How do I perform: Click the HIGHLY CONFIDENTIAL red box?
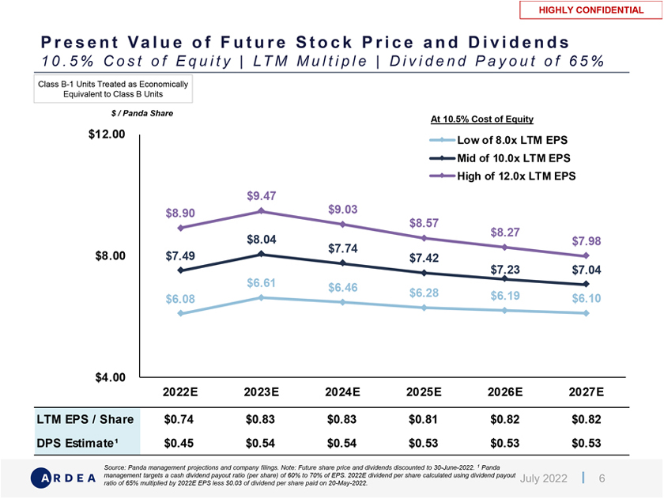point(591,10)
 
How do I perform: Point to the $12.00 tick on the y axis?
point(107,134)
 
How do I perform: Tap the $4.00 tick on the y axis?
point(110,377)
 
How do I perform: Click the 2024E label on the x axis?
point(342,391)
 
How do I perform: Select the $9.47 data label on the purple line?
point(261,195)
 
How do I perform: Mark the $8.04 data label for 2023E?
point(261,239)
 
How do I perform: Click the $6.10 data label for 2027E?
point(586,299)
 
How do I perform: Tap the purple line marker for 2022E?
point(180,228)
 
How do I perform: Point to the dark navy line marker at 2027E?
point(586,284)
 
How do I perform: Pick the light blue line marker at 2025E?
point(424,308)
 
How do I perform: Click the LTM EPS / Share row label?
point(85,418)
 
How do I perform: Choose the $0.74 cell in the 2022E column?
point(179,418)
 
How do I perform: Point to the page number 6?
point(602,478)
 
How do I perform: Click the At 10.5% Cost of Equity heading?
point(482,119)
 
